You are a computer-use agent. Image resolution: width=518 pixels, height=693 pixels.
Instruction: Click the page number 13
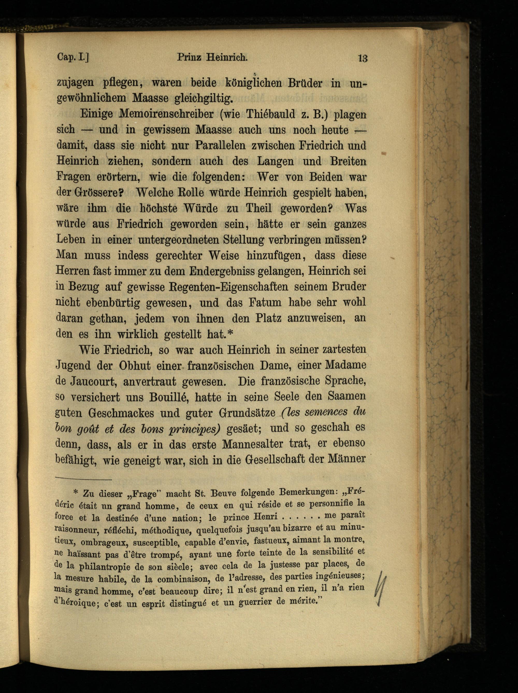point(363,59)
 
